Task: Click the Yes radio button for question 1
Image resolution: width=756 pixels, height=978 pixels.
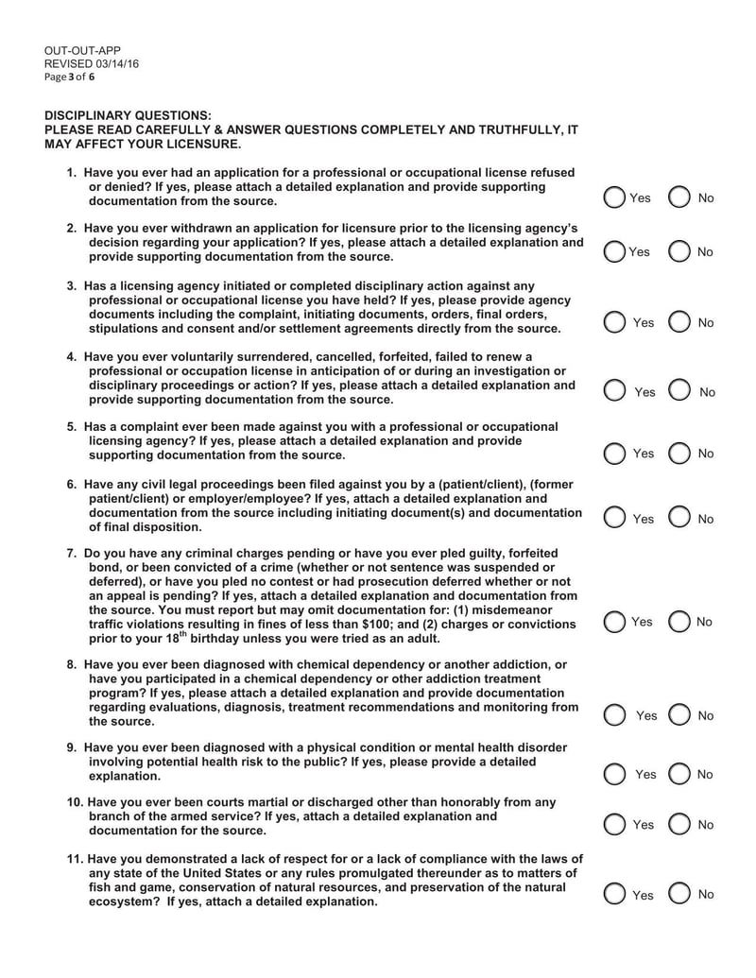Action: tap(614, 197)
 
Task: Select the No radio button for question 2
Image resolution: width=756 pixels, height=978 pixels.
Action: tap(679, 251)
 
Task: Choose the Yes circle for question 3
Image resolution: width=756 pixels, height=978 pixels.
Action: tap(614, 322)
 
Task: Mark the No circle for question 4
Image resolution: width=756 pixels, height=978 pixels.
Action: tap(679, 391)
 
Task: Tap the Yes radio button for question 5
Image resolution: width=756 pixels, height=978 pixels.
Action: tap(614, 454)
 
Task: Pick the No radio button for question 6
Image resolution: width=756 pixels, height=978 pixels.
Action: tap(679, 518)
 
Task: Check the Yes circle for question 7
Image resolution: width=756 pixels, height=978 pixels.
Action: tap(614, 622)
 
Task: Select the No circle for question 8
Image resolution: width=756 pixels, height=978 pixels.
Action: tap(679, 715)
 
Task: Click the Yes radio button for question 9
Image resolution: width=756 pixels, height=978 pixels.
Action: tap(614, 775)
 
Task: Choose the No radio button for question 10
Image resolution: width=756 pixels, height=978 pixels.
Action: tap(679, 825)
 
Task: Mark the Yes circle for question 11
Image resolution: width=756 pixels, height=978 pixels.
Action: tap(614, 894)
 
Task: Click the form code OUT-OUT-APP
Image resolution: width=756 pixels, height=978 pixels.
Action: tap(82, 50)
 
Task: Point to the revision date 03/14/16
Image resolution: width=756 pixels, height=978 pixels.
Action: tap(116, 63)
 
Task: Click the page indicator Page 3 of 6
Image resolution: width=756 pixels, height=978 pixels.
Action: tap(70, 77)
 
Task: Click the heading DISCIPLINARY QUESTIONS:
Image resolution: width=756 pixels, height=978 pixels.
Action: tap(129, 115)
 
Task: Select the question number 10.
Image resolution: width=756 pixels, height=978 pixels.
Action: tap(75, 802)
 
